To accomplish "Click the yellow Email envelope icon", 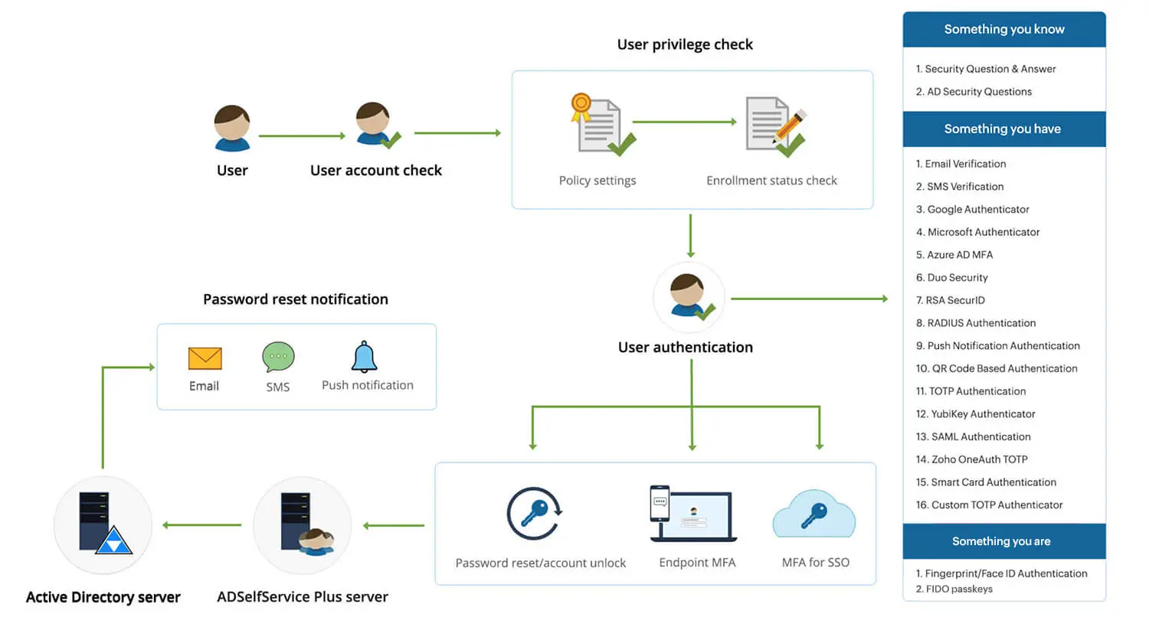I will (205, 358).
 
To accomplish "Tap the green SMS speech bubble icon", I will (278, 357).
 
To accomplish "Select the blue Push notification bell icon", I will (364, 357).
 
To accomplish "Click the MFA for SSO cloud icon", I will (814, 515).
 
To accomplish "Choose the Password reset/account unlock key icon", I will (535, 514).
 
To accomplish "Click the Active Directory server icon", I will (103, 524).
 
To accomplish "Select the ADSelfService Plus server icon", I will (303, 524).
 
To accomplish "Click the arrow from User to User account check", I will (302, 136).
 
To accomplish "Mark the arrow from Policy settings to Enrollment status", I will (684, 122).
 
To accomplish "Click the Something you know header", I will (1003, 29).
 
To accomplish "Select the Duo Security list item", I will (952, 277).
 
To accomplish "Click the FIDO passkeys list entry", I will (954, 589).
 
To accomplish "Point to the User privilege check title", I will (685, 44).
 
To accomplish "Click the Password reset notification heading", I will (296, 299).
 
